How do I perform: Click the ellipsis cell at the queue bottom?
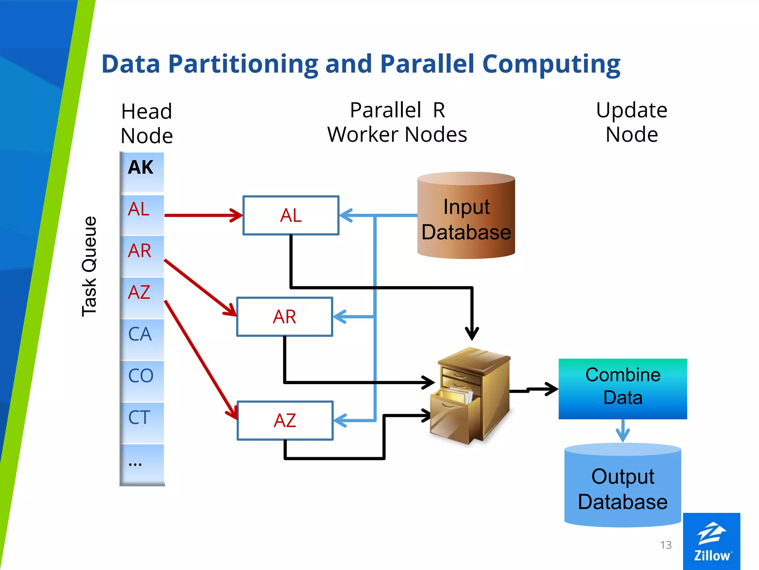tap(142, 464)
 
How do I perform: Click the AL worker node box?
tap(291, 215)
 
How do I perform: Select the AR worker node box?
tap(285, 317)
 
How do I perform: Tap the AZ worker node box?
tap(285, 420)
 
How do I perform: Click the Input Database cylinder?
tap(466, 219)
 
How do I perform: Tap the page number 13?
tap(666, 545)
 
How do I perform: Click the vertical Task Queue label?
tap(89, 266)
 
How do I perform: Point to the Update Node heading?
tap(632, 122)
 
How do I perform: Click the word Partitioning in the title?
tap(243, 64)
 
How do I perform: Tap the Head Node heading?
tap(147, 124)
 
